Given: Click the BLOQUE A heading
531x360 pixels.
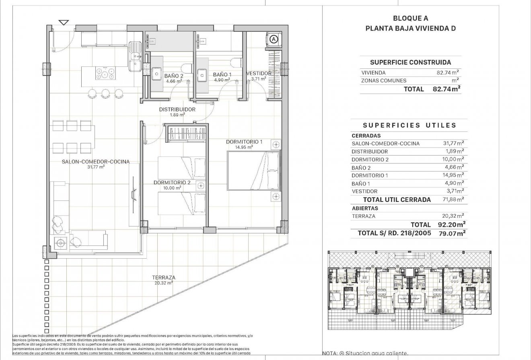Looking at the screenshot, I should [410, 18].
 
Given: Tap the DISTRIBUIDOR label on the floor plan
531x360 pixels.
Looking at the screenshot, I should [177, 109].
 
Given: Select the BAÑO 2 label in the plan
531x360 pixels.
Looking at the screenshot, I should [174, 75].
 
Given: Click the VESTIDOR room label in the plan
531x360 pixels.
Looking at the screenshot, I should [259, 74].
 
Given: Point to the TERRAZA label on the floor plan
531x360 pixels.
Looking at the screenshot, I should [163, 278].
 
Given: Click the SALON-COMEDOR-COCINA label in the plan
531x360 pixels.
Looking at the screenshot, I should [95, 162].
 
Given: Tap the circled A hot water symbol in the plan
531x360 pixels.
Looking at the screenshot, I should [274, 39].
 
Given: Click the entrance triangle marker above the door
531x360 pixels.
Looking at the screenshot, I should [63, 22].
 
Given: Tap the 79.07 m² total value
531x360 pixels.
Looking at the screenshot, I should [453, 232].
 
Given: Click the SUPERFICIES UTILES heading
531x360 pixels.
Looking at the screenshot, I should [410, 125].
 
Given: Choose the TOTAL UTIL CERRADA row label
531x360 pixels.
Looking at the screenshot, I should [397, 200].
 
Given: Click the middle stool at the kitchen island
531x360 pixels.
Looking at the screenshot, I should [106, 94].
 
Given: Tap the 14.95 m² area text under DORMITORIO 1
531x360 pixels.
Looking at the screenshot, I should [244, 147].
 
